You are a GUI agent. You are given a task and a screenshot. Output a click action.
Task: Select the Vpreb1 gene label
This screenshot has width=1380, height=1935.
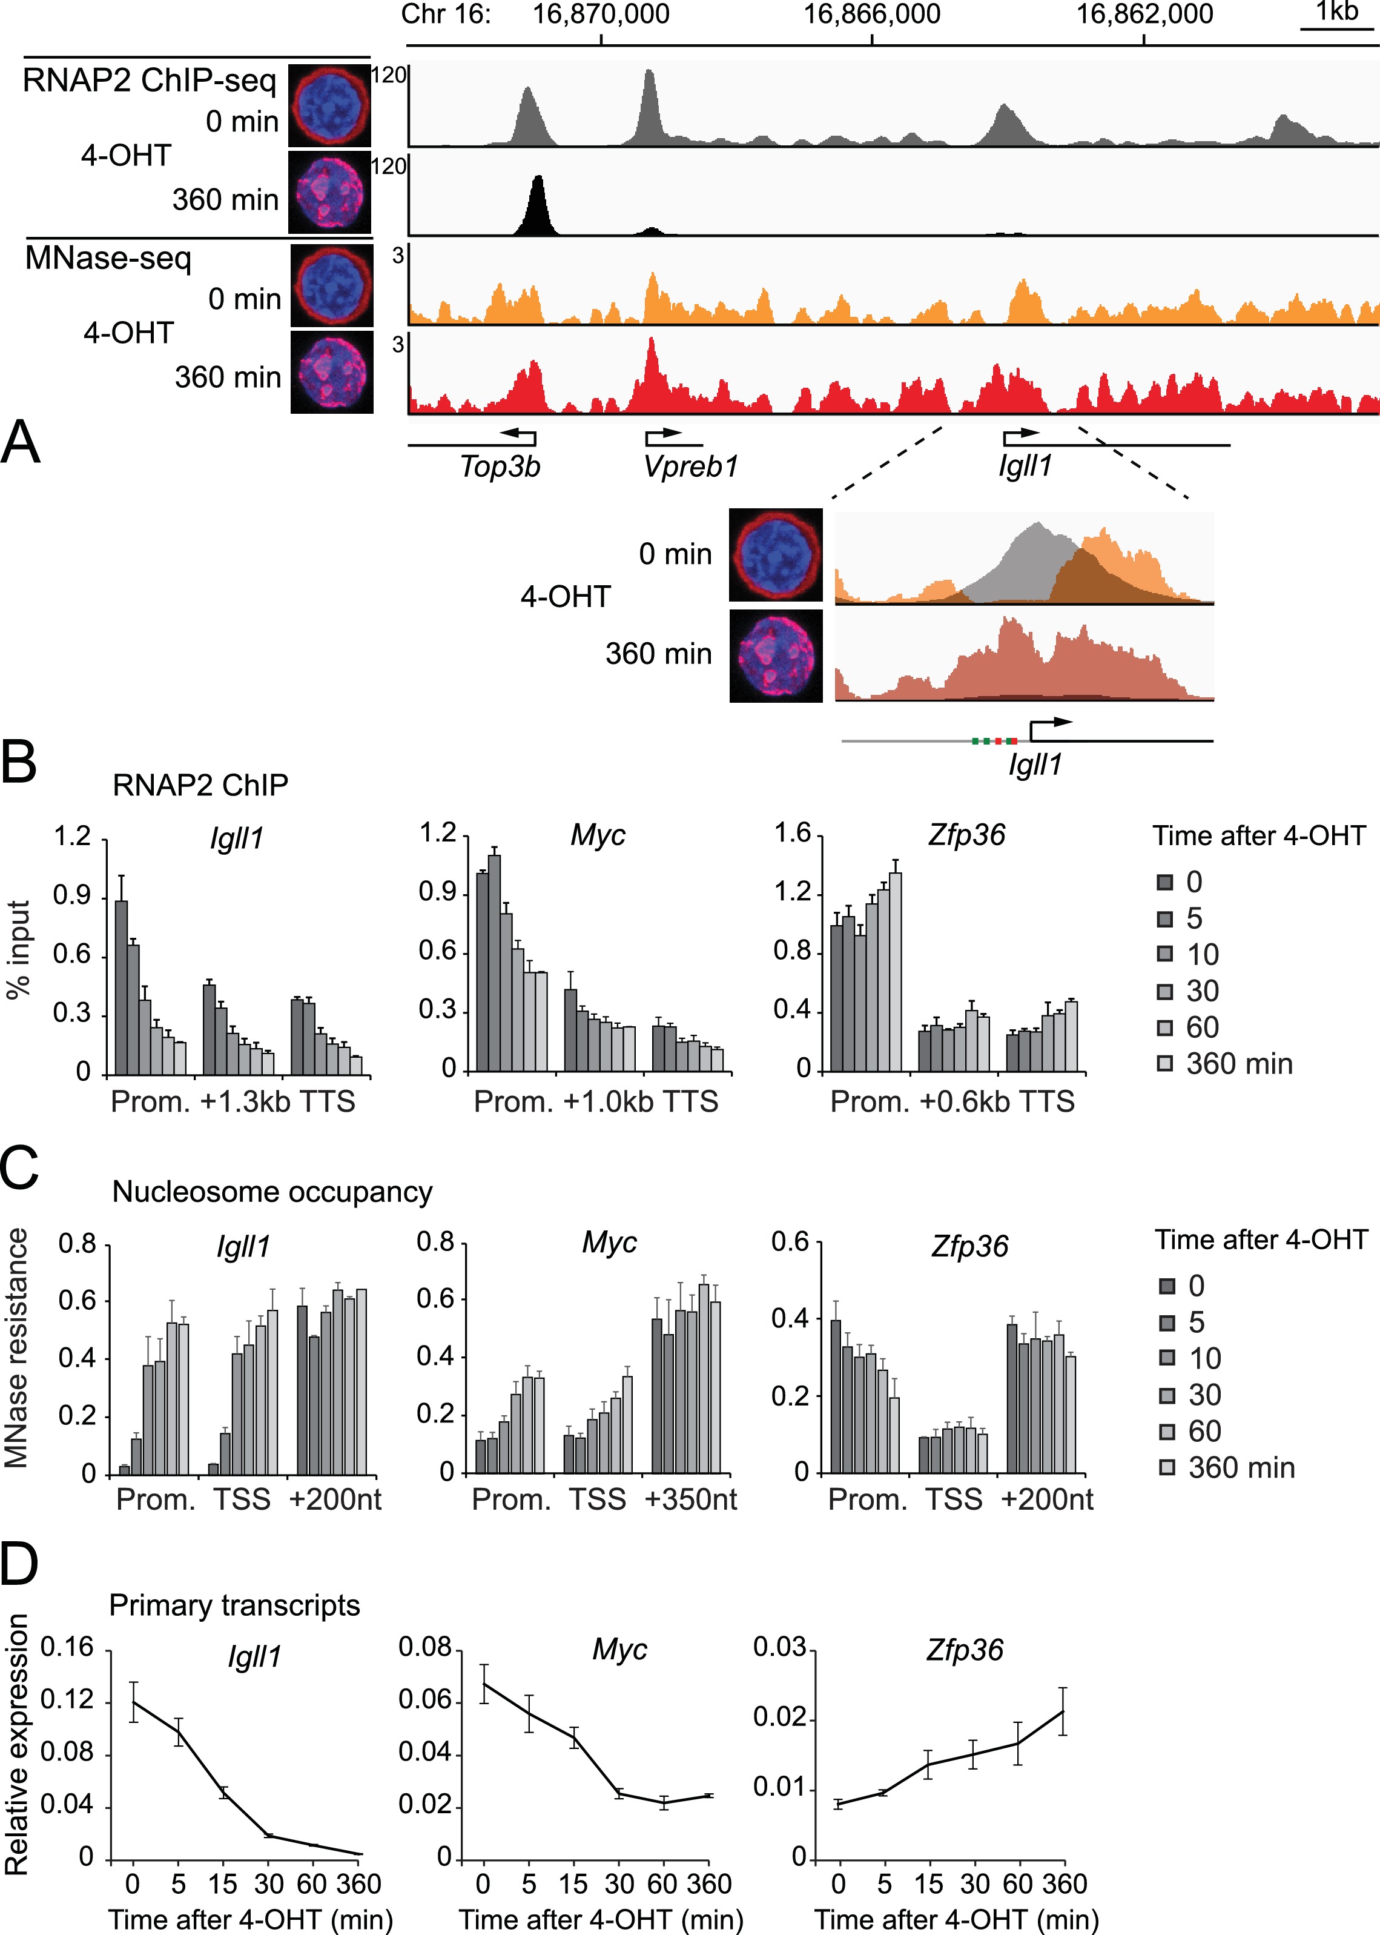[x=690, y=466]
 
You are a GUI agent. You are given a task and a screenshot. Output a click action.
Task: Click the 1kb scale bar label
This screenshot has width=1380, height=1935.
[x=1336, y=12]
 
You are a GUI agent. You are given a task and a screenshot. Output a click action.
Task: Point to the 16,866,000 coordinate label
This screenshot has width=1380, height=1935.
[x=872, y=15]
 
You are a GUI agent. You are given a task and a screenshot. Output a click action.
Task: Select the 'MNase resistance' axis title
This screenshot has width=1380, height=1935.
[x=17, y=1347]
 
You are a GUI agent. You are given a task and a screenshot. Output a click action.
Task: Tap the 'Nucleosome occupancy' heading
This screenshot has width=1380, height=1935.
[x=272, y=1192]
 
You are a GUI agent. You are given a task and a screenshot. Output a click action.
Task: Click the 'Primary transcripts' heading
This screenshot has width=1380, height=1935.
[x=234, y=1605]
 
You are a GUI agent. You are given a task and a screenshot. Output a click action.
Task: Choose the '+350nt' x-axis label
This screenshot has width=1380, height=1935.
[x=690, y=1499]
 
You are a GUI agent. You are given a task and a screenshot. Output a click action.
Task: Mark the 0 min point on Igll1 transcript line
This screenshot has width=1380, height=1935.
[x=133, y=1702]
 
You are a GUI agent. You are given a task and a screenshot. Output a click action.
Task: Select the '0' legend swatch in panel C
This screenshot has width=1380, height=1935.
[x=1167, y=1286]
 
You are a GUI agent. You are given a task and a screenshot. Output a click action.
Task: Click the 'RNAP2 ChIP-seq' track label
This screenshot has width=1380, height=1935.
[x=150, y=80]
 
